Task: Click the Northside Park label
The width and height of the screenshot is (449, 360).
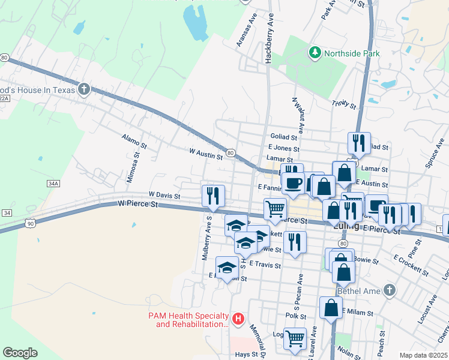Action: pos(352,53)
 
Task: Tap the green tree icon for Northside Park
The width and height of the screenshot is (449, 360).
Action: pos(315,53)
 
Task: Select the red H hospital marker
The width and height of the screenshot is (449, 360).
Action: pos(238,318)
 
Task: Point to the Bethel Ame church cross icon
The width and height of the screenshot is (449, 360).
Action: pos(389,291)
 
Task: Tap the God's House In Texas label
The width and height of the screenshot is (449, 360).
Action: pos(37,90)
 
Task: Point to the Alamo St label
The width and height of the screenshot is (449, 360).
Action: pos(134,142)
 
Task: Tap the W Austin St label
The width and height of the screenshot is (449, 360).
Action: pos(206,154)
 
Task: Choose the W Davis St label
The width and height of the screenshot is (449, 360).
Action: pos(164,195)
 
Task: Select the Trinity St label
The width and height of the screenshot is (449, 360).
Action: pos(344,104)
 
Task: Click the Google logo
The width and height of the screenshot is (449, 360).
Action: pos(20,353)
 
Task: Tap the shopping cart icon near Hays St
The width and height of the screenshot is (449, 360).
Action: pos(295,338)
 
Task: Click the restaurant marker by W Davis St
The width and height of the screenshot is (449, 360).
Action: pos(214,194)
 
